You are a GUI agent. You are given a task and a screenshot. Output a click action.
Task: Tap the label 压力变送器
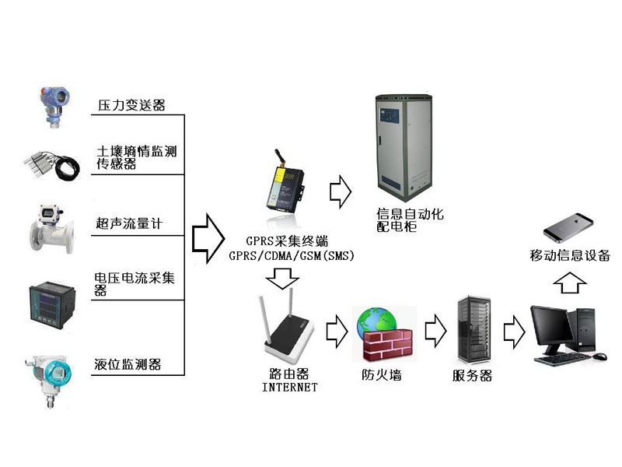tap(131, 105)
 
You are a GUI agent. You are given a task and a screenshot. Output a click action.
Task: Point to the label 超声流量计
tap(128, 225)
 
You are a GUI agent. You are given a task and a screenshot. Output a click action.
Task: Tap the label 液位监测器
tap(128, 364)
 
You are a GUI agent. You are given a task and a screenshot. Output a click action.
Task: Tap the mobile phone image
tap(571, 227)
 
